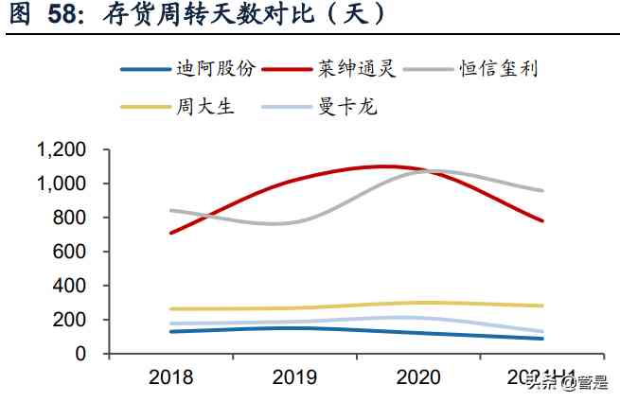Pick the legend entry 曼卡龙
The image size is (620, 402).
pos(347,105)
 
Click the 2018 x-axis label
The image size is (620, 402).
pos(171,379)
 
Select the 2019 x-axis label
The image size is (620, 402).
pos(295,379)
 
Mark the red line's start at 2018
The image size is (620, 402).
pos(171,233)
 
